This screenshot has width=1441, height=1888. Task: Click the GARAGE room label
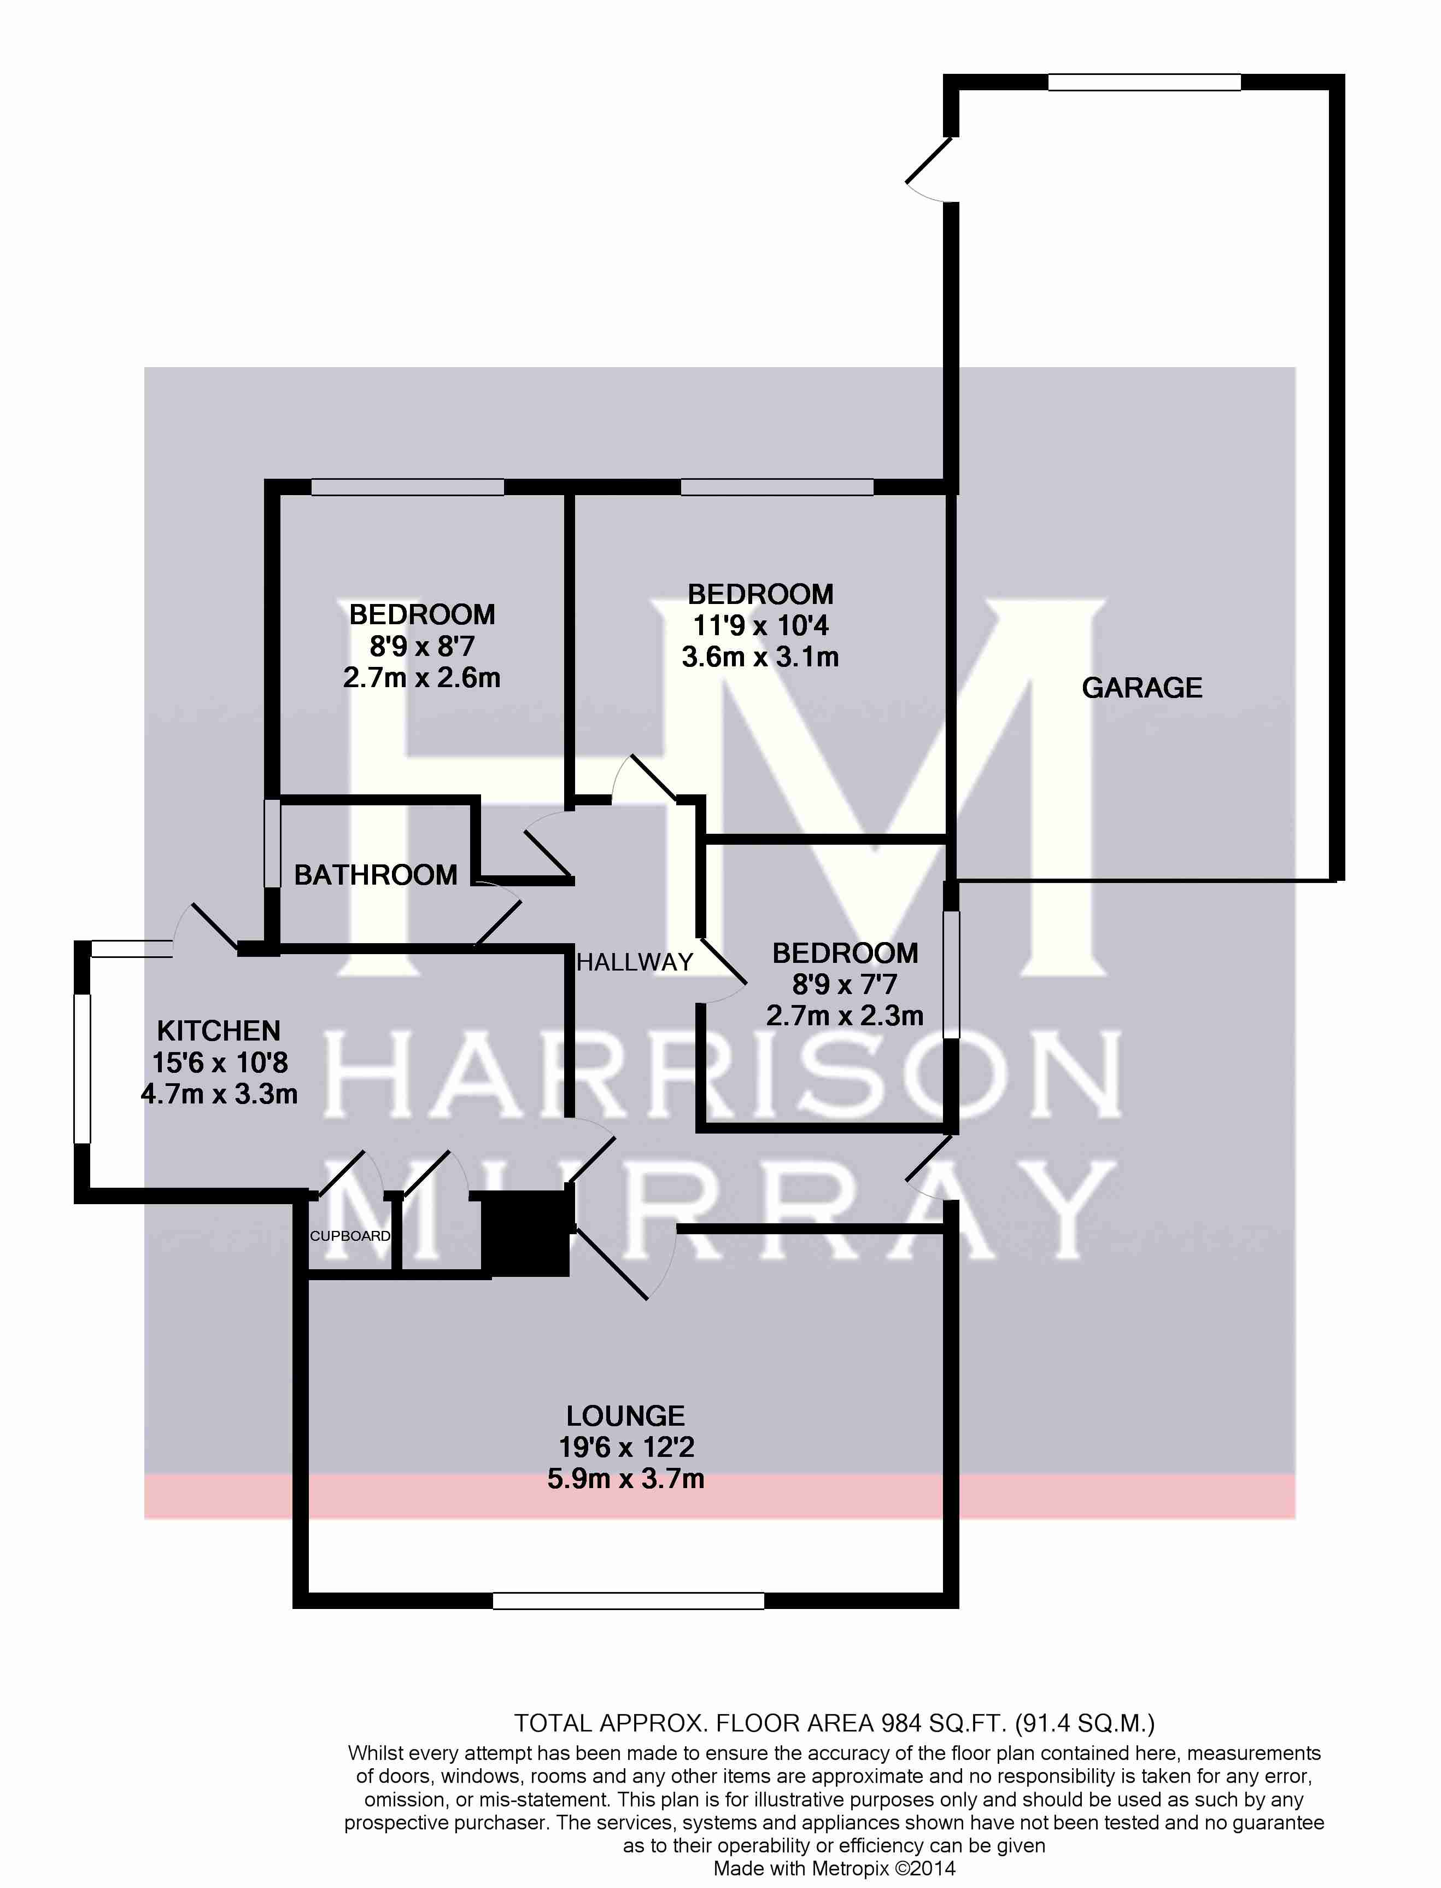point(1141,687)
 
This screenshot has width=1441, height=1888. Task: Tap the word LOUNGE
point(625,1415)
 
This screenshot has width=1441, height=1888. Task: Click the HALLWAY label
point(635,962)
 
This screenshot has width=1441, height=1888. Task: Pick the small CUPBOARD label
point(350,1236)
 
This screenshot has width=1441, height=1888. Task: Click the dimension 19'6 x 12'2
point(626,1448)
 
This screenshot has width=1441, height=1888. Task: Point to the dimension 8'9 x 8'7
point(422,646)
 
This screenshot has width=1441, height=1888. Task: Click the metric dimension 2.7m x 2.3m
point(845,1016)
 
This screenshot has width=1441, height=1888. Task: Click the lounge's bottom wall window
point(629,1601)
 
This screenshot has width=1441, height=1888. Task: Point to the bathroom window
point(272,843)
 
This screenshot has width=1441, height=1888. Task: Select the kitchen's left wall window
point(83,1068)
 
